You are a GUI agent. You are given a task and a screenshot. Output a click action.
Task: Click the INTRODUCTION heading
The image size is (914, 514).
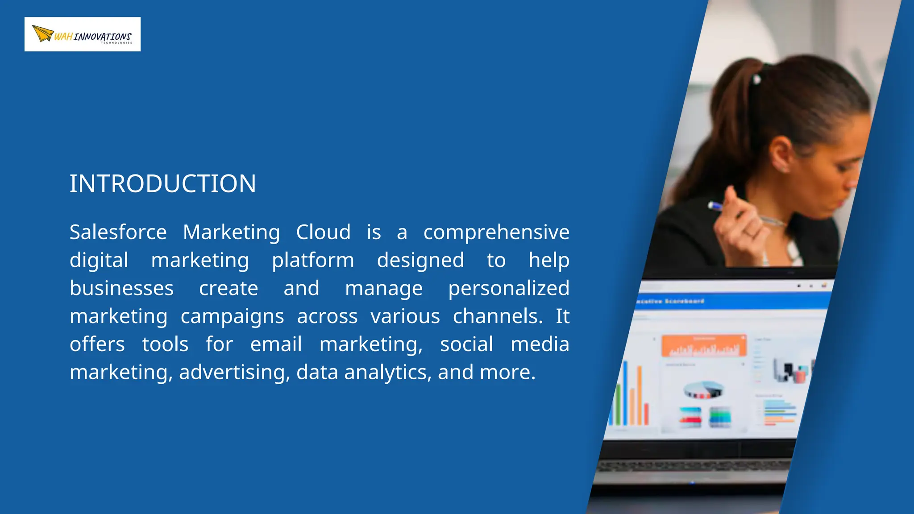pos(163,184)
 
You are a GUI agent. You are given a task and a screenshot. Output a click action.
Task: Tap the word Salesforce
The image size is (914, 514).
pos(118,232)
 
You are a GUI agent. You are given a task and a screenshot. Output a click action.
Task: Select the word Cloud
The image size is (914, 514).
pos(324,232)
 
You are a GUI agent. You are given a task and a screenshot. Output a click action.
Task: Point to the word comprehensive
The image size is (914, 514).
pos(496,233)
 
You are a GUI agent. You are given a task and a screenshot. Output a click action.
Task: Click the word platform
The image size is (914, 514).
pos(313,261)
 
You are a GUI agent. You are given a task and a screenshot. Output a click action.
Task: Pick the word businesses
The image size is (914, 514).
pos(121,288)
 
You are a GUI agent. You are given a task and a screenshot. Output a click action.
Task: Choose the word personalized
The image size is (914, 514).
pos(509,289)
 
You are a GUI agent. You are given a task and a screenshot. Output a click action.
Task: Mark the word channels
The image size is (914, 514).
pos(498,316)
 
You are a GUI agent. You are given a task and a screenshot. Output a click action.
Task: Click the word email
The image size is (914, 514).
pos(276,344)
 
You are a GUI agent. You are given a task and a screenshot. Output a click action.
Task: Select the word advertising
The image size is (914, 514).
pos(234,373)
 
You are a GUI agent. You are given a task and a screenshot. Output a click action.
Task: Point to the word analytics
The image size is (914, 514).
pos(388,373)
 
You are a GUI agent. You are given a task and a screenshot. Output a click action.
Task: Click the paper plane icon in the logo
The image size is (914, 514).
pos(43,33)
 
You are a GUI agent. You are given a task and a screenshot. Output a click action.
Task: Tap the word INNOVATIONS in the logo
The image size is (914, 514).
pos(103,37)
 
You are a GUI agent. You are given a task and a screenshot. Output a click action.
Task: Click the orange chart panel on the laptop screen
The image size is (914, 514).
pos(704,346)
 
